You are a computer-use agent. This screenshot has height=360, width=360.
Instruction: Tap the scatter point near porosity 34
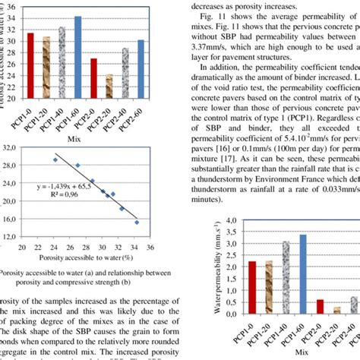(x=137, y=223)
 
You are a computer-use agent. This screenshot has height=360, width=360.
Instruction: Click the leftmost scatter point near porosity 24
(x=55, y=160)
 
